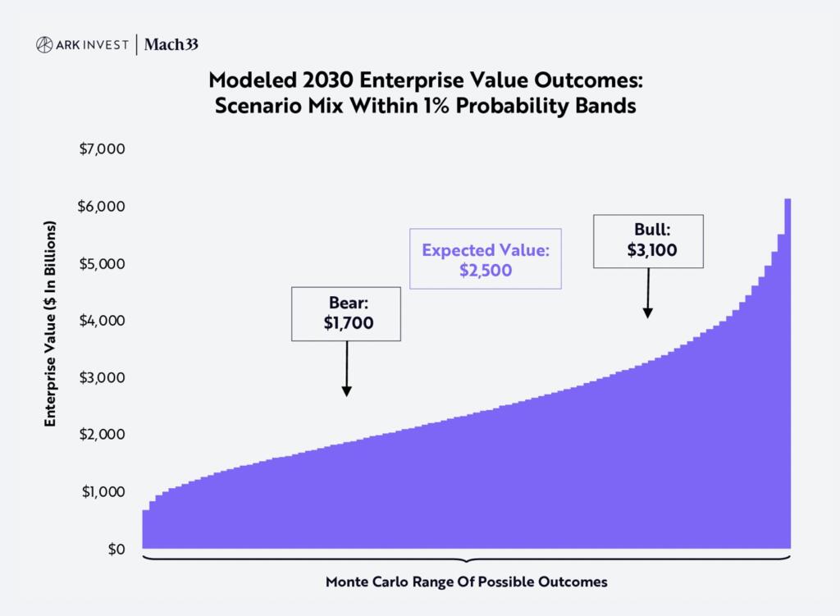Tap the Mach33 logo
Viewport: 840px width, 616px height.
[x=171, y=45]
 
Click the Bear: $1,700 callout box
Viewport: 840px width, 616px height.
[x=347, y=313]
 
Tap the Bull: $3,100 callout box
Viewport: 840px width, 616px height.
[x=648, y=241]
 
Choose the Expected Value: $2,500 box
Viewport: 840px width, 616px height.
[x=486, y=259]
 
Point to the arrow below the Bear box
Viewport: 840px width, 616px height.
[x=346, y=369]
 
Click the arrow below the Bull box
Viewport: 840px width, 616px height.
[x=648, y=294]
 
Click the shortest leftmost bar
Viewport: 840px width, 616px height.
[x=145, y=530]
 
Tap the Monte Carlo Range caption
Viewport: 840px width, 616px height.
[x=466, y=582]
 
